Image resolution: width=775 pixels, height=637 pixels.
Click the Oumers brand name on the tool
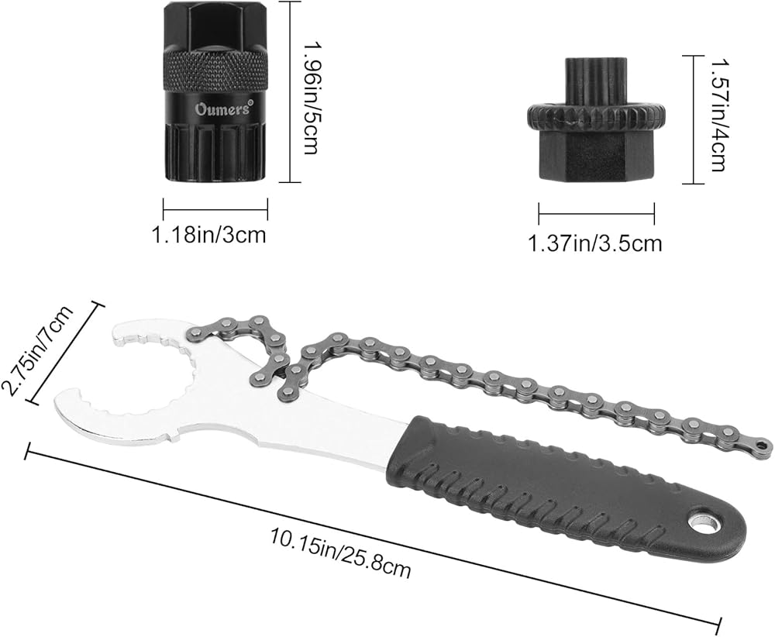pyautogui.click(x=223, y=108)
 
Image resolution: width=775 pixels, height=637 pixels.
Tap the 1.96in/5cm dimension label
pyautogui.click(x=310, y=98)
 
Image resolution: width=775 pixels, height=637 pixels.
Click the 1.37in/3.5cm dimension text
pyautogui.click(x=594, y=243)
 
